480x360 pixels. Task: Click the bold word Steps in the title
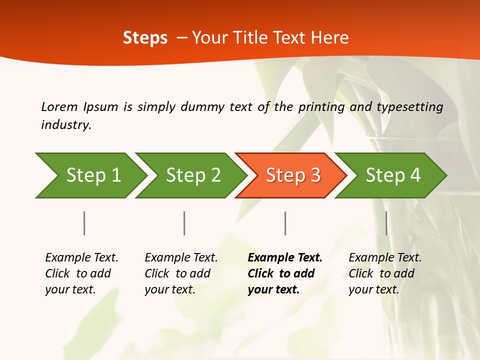coord(145,38)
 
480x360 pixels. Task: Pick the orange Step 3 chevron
coord(293,175)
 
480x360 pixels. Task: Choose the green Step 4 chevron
coord(393,175)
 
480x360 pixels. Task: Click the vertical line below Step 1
coord(84,223)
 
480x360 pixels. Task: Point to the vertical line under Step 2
coord(184,223)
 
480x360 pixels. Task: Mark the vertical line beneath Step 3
coord(285,223)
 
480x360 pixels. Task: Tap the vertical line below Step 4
coord(386,223)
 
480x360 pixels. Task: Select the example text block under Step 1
coord(81,273)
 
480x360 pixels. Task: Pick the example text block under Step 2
coord(181,273)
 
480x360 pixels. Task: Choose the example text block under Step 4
coord(385,273)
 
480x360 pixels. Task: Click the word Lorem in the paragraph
coord(59,106)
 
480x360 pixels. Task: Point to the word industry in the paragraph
coord(66,124)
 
